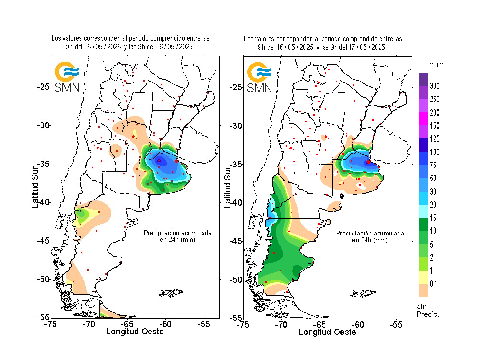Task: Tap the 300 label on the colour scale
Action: tap(434, 86)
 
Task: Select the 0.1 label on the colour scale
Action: tap(434, 284)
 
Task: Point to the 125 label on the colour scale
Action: tap(434, 139)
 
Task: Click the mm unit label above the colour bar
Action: tap(436, 64)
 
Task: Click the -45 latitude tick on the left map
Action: tap(44, 241)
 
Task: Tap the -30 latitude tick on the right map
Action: tap(236, 126)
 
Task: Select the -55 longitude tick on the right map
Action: tap(396, 325)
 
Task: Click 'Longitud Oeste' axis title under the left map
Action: tap(135, 332)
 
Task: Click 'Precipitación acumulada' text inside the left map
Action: tap(177, 233)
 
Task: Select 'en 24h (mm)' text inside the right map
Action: tap(369, 240)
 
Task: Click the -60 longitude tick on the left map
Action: tap(165, 325)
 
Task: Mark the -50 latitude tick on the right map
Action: tap(236, 279)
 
